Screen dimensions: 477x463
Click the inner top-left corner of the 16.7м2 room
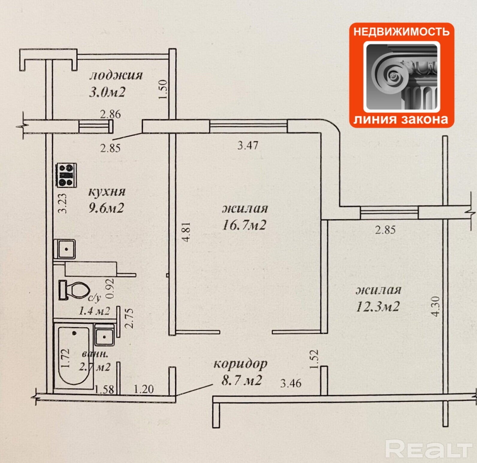(x=176, y=133)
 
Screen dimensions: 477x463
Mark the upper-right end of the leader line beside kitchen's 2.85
(x=142, y=132)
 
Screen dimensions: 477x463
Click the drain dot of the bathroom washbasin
(x=104, y=336)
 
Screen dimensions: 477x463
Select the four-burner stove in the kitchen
(x=66, y=175)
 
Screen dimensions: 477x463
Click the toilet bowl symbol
(x=74, y=290)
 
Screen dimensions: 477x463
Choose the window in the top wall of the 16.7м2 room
(x=248, y=126)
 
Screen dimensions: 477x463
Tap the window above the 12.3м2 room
(x=389, y=213)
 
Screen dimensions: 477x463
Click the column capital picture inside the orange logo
(x=401, y=76)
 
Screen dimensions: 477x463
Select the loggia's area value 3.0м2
(x=107, y=92)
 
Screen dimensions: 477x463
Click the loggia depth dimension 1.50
(x=163, y=89)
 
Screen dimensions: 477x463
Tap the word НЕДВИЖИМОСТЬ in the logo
(x=401, y=31)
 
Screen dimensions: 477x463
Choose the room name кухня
(x=107, y=192)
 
